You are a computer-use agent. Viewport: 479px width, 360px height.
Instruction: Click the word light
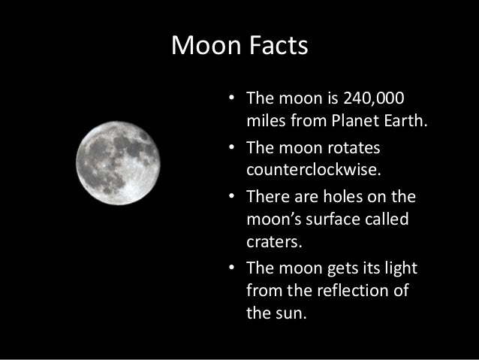click(x=400, y=269)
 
